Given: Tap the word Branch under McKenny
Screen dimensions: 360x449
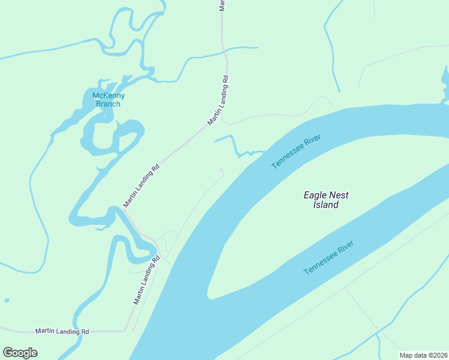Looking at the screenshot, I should tap(108, 104).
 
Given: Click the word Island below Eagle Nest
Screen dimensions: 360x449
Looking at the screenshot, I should tap(326, 205).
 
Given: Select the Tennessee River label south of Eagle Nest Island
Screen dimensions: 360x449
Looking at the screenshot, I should tap(328, 257).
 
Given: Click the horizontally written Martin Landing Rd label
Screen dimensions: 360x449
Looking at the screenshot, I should tap(62, 331).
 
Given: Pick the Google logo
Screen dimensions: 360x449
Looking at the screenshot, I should tap(20, 353).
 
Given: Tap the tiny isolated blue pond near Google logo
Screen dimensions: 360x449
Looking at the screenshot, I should tap(7, 300).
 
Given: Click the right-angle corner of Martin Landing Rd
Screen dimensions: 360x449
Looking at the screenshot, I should tap(125, 331).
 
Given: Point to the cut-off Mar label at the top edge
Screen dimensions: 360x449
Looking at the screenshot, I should tap(222, 5).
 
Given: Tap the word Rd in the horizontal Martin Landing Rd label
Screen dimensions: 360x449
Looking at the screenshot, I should tap(85, 331).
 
